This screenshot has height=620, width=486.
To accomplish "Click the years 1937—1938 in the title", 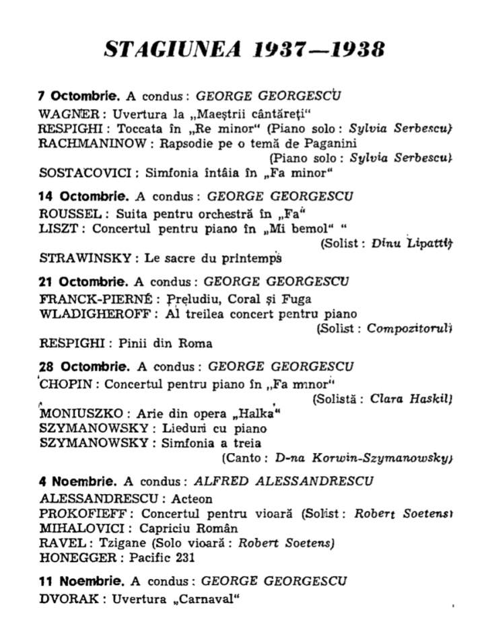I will [320, 49].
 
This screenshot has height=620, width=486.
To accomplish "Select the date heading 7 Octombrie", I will [79, 96].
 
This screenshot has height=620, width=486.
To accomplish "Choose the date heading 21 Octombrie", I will [80, 282].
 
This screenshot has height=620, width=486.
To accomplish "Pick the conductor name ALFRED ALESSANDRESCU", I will [283, 481].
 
